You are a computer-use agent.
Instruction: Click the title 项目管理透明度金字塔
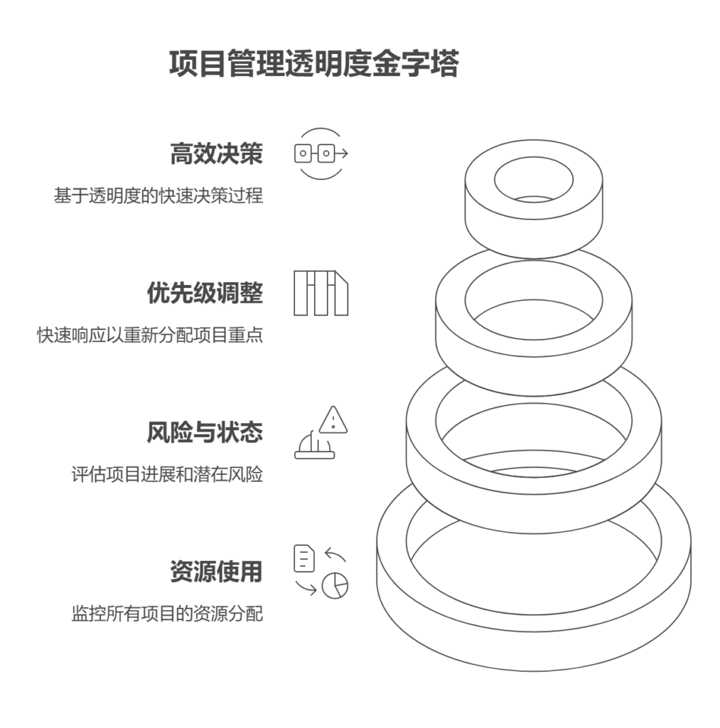click(314, 63)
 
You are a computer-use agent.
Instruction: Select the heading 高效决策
click(216, 154)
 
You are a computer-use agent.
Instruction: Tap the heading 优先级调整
click(205, 293)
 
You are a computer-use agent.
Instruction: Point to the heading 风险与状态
click(205, 432)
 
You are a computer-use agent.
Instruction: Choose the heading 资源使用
click(216, 572)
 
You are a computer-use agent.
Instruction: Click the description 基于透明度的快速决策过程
click(158, 196)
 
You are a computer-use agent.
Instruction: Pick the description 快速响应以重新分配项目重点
click(150, 335)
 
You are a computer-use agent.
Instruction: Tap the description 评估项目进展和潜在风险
click(167, 474)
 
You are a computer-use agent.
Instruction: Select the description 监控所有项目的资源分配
click(167, 614)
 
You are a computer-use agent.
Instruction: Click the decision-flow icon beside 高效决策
click(321, 154)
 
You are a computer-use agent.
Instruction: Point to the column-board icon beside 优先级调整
click(321, 293)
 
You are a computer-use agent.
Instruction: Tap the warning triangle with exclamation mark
click(333, 420)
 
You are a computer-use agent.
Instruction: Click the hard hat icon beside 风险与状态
click(315, 445)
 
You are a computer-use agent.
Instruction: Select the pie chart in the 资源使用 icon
click(335, 586)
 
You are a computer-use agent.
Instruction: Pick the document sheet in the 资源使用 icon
click(304, 558)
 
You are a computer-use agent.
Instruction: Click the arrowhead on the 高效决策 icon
click(345, 154)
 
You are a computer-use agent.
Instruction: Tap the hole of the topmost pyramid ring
click(534, 180)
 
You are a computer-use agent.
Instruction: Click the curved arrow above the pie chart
click(335, 554)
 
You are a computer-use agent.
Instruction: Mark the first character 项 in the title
click(183, 63)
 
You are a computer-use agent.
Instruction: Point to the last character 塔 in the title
click(445, 63)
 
